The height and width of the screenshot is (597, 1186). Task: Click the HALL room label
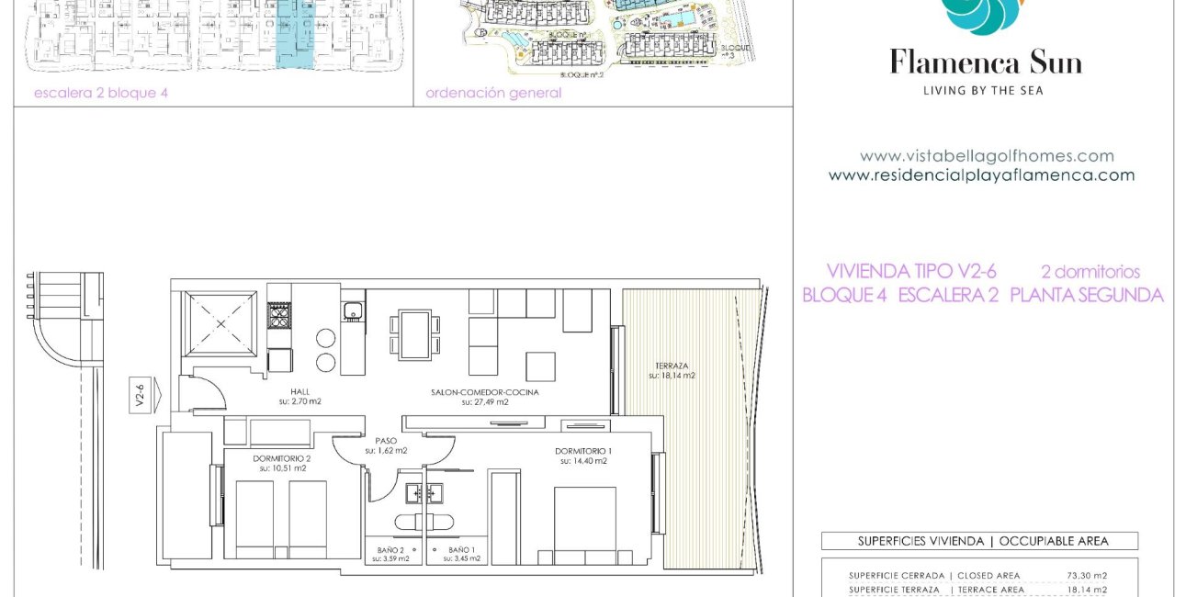[x=300, y=391]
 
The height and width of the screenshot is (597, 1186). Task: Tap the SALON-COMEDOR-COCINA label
[x=484, y=391]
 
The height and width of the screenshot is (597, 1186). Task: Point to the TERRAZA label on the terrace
[x=672, y=365]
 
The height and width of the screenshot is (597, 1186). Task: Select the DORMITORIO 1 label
[x=583, y=451]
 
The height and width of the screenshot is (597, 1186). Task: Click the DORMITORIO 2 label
[x=282, y=458]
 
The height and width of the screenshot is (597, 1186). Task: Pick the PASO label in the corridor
[x=386, y=441]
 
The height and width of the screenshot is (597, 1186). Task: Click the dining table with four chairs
[x=415, y=335]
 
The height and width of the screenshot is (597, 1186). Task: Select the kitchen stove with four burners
[x=279, y=317]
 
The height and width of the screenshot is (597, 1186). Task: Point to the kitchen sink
[x=353, y=312]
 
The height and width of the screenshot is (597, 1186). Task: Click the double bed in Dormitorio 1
[x=584, y=524]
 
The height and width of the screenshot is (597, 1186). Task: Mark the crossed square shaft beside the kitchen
[x=221, y=323]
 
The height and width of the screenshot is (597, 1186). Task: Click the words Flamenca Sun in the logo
[x=985, y=62]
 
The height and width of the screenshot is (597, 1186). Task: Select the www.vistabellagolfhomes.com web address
[x=987, y=156]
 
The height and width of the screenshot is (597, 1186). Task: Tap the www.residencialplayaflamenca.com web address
[x=981, y=175]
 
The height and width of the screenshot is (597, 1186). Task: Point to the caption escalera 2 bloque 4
[x=101, y=93]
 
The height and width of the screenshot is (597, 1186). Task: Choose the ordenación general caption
[x=493, y=93]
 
